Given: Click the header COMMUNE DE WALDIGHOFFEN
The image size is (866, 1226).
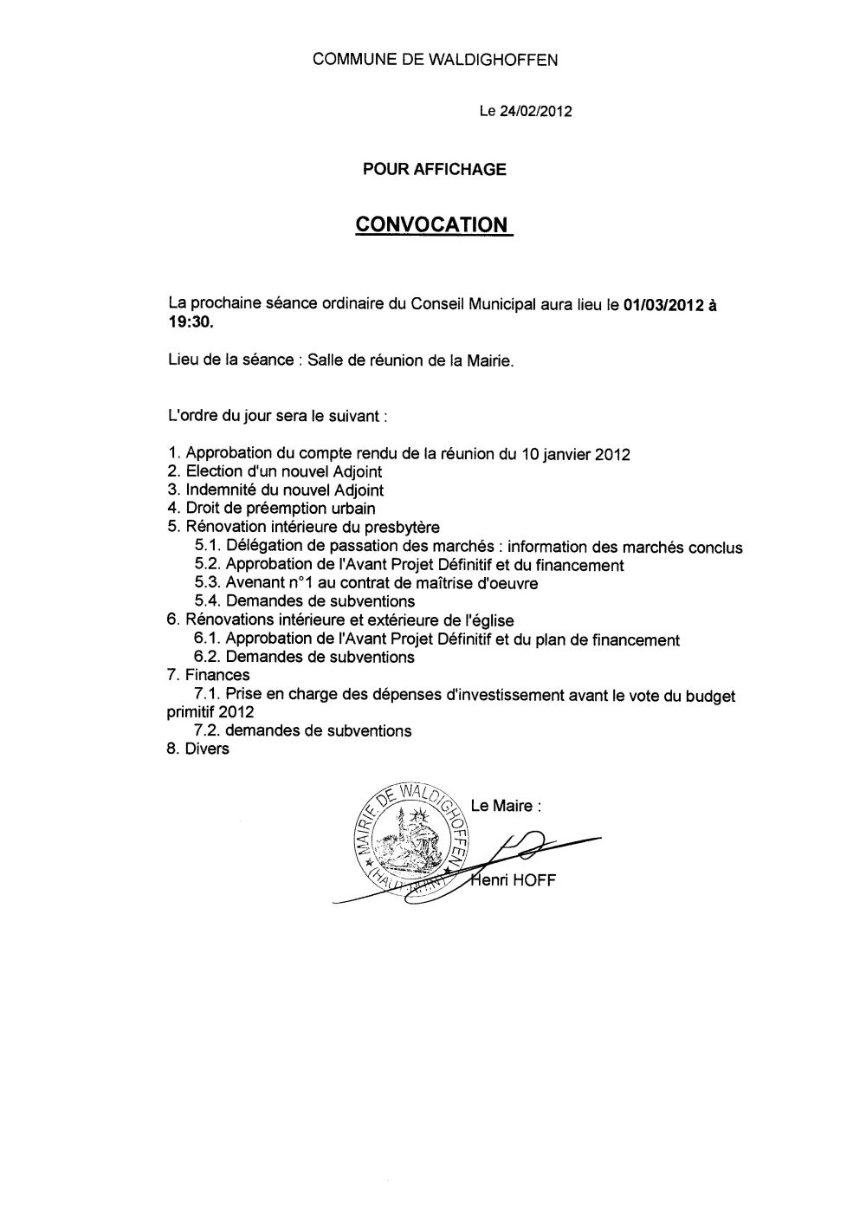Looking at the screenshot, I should point(435,60).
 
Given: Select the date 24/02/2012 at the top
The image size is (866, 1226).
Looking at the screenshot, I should point(535,112).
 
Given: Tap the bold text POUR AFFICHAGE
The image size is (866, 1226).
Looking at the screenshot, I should point(434,170).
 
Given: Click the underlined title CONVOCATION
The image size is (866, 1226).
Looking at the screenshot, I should point(432,224).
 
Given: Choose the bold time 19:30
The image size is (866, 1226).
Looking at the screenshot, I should point(188,324).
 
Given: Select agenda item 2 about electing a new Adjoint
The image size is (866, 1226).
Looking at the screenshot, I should point(275,472).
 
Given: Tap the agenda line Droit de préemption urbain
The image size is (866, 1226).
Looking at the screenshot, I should point(271,509).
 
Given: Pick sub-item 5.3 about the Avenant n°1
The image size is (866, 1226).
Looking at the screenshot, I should point(366,583).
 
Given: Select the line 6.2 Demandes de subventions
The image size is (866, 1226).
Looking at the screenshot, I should point(305,657).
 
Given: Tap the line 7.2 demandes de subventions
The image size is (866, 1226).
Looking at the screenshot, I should point(303,730).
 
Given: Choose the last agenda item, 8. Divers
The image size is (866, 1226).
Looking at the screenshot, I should point(197,749).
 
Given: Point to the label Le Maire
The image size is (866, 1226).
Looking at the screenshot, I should point(506,806).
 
